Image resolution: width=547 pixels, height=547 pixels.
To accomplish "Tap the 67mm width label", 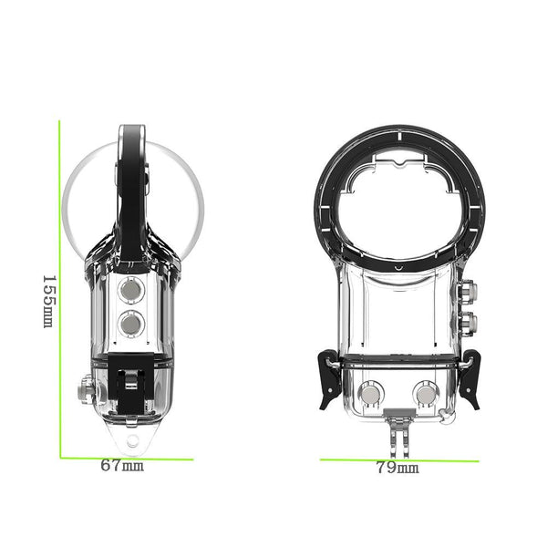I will tap(122, 465).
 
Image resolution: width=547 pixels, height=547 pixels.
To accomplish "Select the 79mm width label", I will tap(397, 468).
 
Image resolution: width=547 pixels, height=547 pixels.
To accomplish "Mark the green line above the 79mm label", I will tap(398, 459).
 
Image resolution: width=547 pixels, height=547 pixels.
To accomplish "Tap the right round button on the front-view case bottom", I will tap(425, 394).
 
